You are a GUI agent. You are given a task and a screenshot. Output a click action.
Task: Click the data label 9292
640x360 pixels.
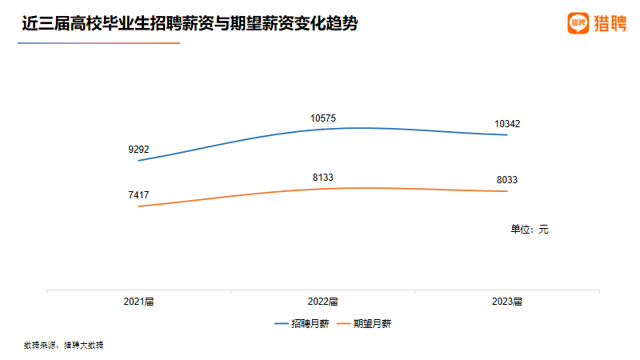coord(138,149)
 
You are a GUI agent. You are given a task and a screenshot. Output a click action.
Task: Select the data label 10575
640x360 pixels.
coord(323,118)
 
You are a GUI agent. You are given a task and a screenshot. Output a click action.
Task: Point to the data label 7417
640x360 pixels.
coord(138,194)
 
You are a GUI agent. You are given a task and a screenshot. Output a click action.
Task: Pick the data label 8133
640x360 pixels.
coord(323,177)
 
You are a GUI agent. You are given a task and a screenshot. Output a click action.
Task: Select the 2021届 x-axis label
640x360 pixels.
coord(138,302)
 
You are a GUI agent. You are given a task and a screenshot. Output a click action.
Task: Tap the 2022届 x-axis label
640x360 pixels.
coord(323,302)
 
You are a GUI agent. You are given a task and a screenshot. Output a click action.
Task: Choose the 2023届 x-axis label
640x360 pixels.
coord(507,302)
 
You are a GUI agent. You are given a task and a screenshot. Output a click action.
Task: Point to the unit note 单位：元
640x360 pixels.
coord(530,229)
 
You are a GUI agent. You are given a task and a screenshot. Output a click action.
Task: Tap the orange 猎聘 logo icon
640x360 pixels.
coord(578,23)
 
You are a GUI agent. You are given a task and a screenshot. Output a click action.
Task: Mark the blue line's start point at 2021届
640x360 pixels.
coord(139,161)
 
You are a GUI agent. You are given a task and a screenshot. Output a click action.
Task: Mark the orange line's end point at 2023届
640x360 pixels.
coord(507,191)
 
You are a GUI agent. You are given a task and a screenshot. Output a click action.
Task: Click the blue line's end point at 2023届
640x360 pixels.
coord(507,135)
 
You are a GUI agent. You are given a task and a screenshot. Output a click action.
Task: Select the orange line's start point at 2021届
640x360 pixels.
coord(139,206)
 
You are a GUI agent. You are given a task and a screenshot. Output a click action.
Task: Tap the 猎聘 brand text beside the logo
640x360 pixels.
coord(610,23)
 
